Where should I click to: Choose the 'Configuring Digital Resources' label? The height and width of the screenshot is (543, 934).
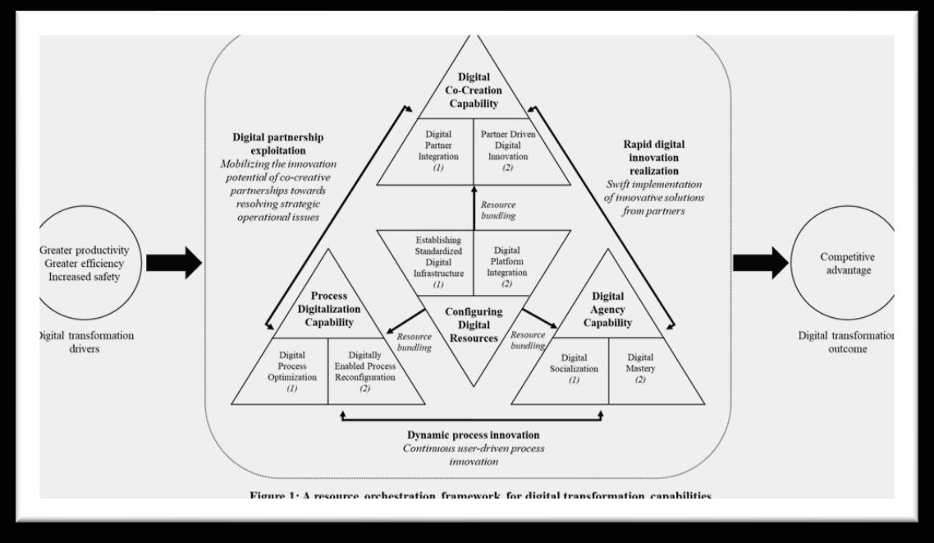[474, 324]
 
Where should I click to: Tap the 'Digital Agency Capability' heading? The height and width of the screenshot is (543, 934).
[608, 309]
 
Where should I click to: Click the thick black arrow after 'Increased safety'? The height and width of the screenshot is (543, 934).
[173, 262]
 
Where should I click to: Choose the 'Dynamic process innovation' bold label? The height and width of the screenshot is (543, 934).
[473, 435]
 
